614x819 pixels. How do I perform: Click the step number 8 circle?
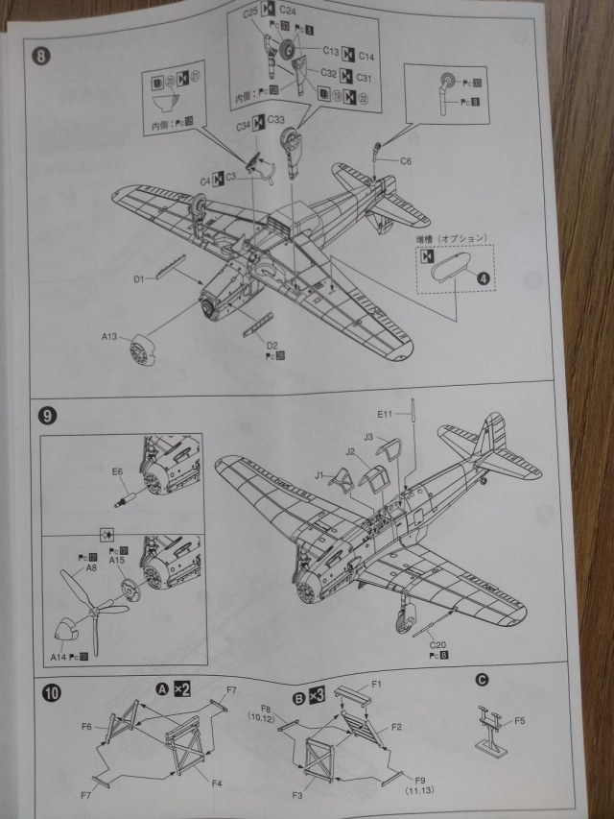tap(39, 55)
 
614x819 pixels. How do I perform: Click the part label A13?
tap(111, 337)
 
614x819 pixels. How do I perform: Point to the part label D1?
tap(138, 279)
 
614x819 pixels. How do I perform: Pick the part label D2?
tap(272, 344)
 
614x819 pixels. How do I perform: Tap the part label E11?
tap(386, 414)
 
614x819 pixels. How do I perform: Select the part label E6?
tap(117, 471)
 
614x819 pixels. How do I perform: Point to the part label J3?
tap(369, 435)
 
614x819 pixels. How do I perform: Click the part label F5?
tap(519, 720)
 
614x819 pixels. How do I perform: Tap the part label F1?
tap(377, 684)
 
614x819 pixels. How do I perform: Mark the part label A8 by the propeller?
tap(92, 567)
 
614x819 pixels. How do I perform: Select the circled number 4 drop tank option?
tap(484, 278)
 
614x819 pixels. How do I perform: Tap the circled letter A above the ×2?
tap(162, 687)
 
